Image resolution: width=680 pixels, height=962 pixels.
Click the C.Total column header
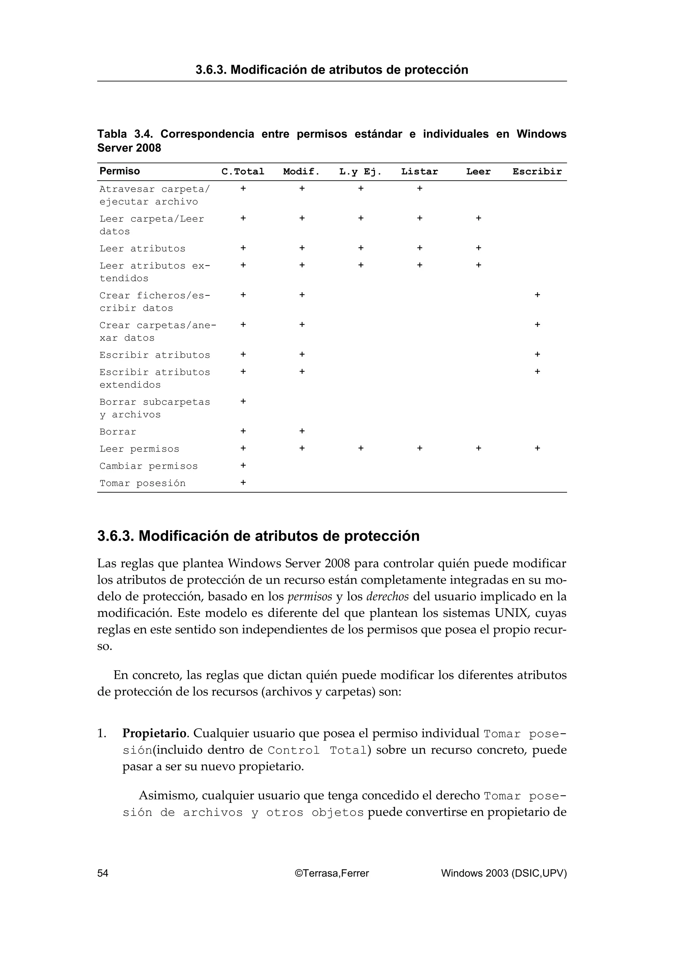pyautogui.click(x=243, y=171)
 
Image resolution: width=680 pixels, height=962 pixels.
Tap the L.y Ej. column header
pyautogui.click(x=360, y=171)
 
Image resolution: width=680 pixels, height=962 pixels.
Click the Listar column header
pyautogui.click(x=419, y=171)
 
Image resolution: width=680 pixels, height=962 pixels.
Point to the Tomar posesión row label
pyautogui.click(x=142, y=483)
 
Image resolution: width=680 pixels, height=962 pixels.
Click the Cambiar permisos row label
pyautogui.click(x=148, y=466)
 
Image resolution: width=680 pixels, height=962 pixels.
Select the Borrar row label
pyautogui.click(x=118, y=432)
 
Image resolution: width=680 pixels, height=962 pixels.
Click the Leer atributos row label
pyautogui.click(x=142, y=248)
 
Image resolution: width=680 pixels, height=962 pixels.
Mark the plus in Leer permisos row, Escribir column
pyautogui.click(x=537, y=448)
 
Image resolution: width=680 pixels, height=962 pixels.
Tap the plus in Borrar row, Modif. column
pyautogui.click(x=302, y=431)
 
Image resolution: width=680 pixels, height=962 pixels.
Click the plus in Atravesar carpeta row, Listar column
pyautogui.click(x=419, y=189)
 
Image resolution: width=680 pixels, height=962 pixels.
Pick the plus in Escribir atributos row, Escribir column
pyautogui.click(x=537, y=355)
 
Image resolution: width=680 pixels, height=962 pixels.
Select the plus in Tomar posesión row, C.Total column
pyautogui.click(x=243, y=483)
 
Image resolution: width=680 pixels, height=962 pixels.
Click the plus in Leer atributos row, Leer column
pyautogui.click(x=478, y=248)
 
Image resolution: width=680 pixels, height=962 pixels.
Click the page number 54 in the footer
pyautogui.click(x=103, y=873)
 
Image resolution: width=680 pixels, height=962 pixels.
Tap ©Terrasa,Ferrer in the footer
pyautogui.click(x=332, y=873)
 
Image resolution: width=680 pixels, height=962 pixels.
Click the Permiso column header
pyautogui.click(x=120, y=171)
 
